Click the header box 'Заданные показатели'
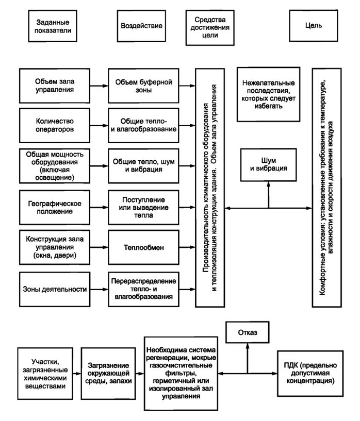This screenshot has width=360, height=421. [53, 26]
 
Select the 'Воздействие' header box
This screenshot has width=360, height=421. [141, 26]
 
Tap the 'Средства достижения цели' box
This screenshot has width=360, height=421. [210, 27]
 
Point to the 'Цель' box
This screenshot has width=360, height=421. [313, 26]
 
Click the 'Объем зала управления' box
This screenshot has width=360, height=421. [55, 86]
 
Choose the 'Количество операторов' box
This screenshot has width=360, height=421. [55, 125]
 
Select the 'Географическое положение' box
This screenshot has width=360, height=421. [55, 207]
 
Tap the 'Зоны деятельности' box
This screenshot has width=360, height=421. [55, 289]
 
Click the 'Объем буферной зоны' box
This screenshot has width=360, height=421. [143, 86]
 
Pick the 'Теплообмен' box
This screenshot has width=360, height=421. [143, 247]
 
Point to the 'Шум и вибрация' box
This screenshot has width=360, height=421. [268, 165]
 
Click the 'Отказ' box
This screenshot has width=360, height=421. [248, 332]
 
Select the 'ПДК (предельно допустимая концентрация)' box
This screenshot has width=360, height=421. [310, 373]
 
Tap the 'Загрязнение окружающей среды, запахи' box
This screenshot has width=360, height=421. [108, 374]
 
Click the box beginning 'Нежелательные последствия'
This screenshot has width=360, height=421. [268, 94]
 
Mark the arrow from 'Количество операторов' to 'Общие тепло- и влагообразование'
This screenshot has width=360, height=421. [99, 125]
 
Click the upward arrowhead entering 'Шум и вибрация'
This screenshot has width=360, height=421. [268, 184]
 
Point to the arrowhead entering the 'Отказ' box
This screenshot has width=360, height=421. [248, 346]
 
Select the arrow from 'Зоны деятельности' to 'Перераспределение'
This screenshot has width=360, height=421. [99, 289]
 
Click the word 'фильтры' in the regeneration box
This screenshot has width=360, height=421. [181, 373]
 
